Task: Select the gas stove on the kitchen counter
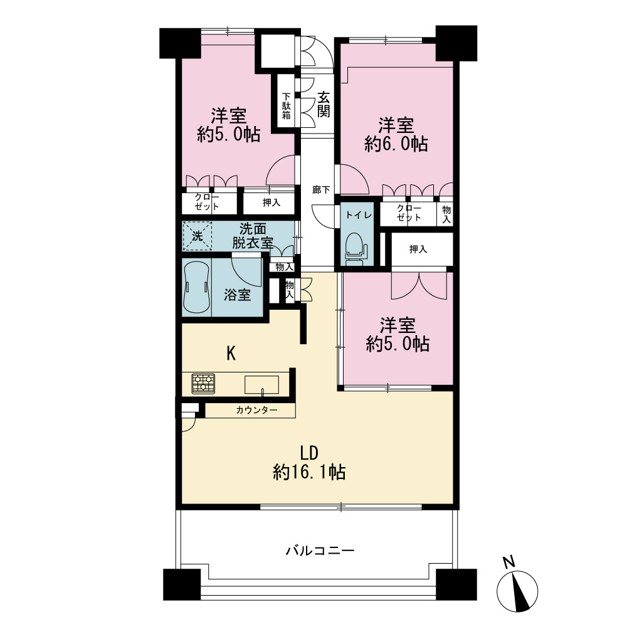(x=203, y=384)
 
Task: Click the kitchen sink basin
(x=262, y=385)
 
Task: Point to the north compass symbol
(x=517, y=592)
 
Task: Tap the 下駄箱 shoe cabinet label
(x=287, y=106)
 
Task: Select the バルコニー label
(x=320, y=551)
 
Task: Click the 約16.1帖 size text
(x=309, y=472)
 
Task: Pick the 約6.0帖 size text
(x=396, y=144)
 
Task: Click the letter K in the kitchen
(x=231, y=354)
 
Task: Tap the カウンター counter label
(x=256, y=410)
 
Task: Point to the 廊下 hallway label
(x=321, y=189)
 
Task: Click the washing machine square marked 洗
(x=197, y=236)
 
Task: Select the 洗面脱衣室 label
(x=253, y=236)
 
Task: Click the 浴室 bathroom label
(x=237, y=295)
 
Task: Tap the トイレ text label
(x=359, y=215)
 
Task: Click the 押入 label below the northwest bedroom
(x=271, y=203)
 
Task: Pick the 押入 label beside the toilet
(x=418, y=249)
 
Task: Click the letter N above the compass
(x=508, y=562)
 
